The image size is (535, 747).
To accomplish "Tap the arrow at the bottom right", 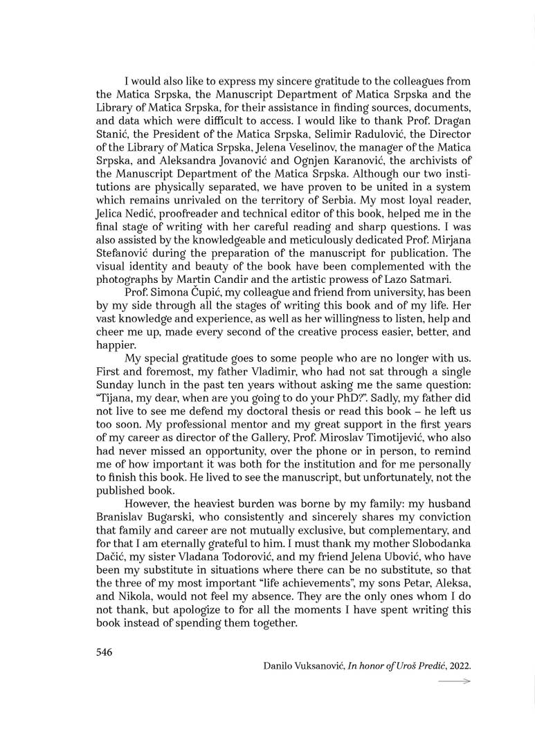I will click(x=455, y=681).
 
